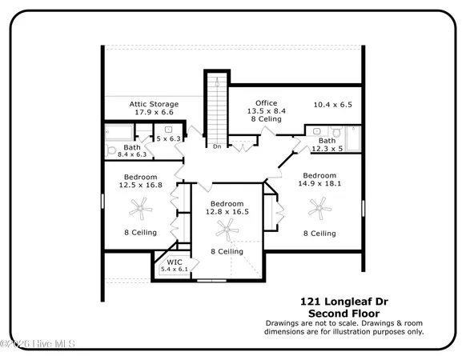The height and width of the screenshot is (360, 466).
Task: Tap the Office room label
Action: pos(266,103)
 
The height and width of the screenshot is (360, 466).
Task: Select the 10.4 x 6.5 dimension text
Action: pos(332,105)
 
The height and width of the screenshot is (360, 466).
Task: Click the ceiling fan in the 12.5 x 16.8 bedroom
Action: pos(140,210)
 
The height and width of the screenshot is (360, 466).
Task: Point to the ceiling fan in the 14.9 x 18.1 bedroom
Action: pos(319,210)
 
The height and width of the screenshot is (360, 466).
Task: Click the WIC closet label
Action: pos(174,262)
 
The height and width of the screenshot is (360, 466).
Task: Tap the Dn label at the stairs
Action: pos(216,146)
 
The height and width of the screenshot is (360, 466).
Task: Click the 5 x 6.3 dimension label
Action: pos(169,139)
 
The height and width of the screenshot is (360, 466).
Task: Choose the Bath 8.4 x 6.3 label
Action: pos(132,151)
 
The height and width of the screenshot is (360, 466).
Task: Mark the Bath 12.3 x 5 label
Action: pos(327,144)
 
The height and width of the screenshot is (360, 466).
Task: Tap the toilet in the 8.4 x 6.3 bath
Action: pos(111,150)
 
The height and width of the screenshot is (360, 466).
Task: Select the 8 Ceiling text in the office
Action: pos(266,119)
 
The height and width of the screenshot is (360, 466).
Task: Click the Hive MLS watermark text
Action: pos(38,344)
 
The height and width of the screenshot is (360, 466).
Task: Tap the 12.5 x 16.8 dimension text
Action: pos(140,185)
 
